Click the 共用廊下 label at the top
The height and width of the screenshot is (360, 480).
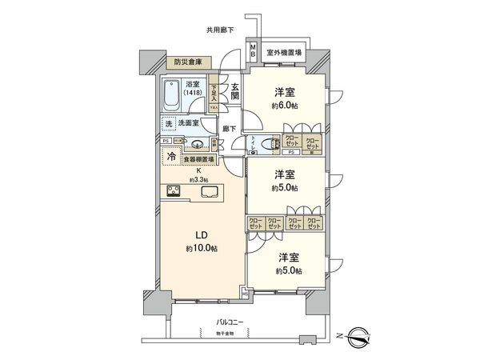click(x=220, y=30)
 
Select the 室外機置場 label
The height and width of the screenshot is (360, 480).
click(x=284, y=53)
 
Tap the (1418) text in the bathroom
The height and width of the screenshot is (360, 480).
click(x=194, y=92)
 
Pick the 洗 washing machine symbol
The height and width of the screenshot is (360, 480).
click(x=168, y=124)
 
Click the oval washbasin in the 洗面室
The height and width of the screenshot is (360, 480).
click(x=198, y=145)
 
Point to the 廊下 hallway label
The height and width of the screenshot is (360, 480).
click(x=227, y=128)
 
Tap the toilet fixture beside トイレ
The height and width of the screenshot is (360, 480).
click(x=260, y=146)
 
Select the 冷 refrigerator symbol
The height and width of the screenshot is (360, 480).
click(x=171, y=158)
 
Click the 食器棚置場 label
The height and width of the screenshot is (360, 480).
click(x=198, y=160)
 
